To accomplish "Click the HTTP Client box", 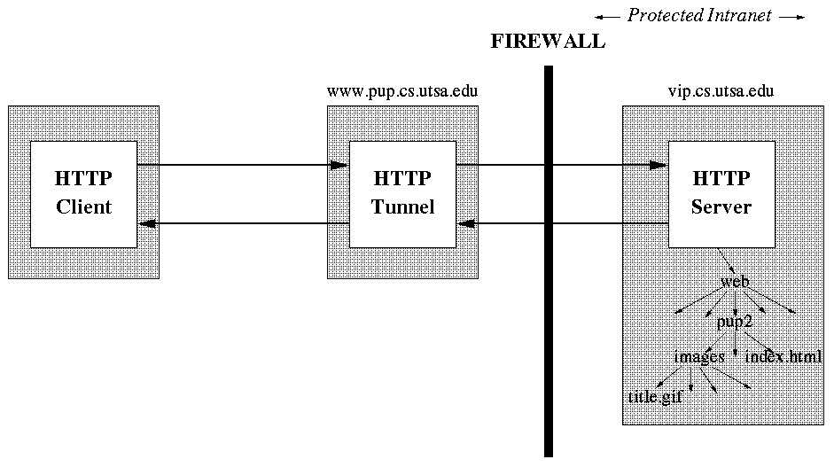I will coord(84,193).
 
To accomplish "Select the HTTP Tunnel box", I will coord(402,193).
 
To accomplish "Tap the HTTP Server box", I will coord(721,193).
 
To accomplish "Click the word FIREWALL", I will coord(548,42).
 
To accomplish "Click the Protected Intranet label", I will coord(699,15).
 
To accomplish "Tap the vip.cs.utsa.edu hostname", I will coord(721,90).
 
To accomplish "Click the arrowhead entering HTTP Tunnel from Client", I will coord(339,165).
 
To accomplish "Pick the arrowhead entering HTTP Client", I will coord(147,223).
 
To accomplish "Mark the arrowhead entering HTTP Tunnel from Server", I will coord(465,223).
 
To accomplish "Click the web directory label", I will coord(735,282).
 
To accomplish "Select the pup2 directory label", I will coord(734,322).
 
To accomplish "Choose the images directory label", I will coord(699,357).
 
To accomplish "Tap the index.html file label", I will coord(783,357).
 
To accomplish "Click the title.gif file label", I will coord(655,397).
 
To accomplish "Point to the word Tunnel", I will coord(402,208).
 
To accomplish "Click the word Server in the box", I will coord(721,208).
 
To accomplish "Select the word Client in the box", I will coord(84,208).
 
